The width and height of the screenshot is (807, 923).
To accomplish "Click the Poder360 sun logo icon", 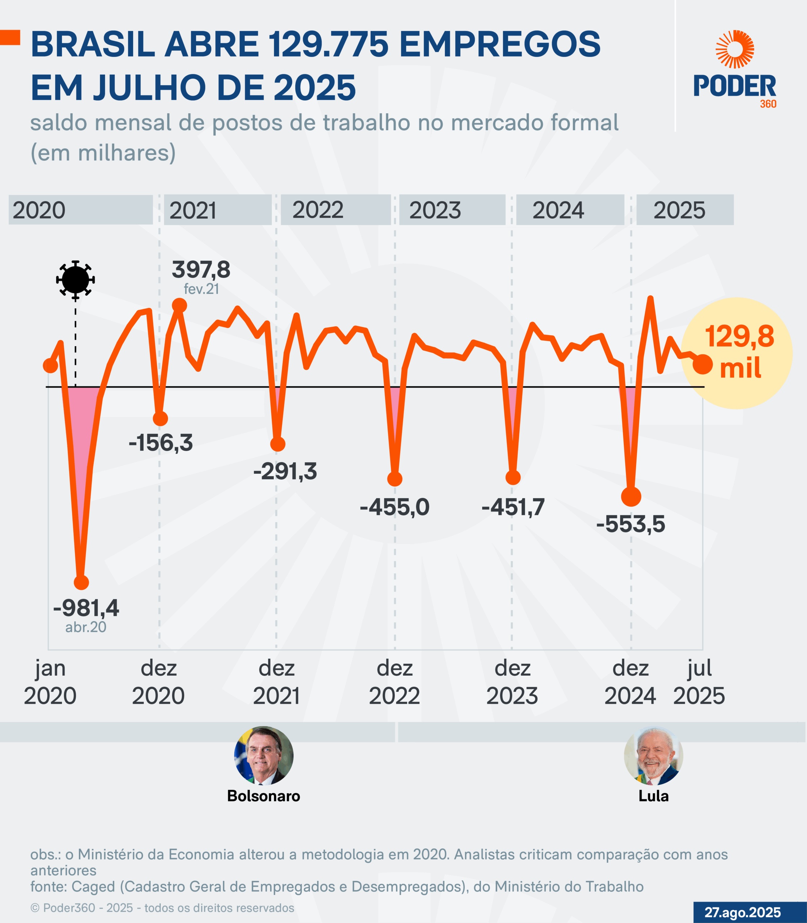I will [735, 49].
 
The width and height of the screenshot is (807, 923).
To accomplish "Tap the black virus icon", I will [75, 279].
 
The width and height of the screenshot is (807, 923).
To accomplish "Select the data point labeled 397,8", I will [179, 306].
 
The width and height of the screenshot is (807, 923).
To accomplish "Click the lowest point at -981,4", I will [81, 582].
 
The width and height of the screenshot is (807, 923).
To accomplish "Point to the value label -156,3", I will [161, 443].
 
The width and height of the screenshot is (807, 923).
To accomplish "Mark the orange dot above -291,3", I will [278, 444].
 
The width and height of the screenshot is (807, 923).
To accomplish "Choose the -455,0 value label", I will [394, 507].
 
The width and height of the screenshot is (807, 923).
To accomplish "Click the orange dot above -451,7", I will [513, 477].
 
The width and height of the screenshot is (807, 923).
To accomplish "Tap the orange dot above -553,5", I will [631, 497].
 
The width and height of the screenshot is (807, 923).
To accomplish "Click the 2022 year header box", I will [335, 210].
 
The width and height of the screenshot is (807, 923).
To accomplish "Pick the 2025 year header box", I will [684, 210].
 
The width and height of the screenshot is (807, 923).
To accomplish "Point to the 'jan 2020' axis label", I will [50, 682].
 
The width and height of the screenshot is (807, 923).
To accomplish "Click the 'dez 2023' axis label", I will [512, 682].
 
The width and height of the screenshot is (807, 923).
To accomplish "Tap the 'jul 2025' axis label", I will [699, 682].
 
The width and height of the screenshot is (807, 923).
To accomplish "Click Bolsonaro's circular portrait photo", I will [264, 755].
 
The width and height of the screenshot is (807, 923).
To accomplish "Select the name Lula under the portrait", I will [653, 796].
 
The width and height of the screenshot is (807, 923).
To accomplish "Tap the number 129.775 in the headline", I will [328, 45].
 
